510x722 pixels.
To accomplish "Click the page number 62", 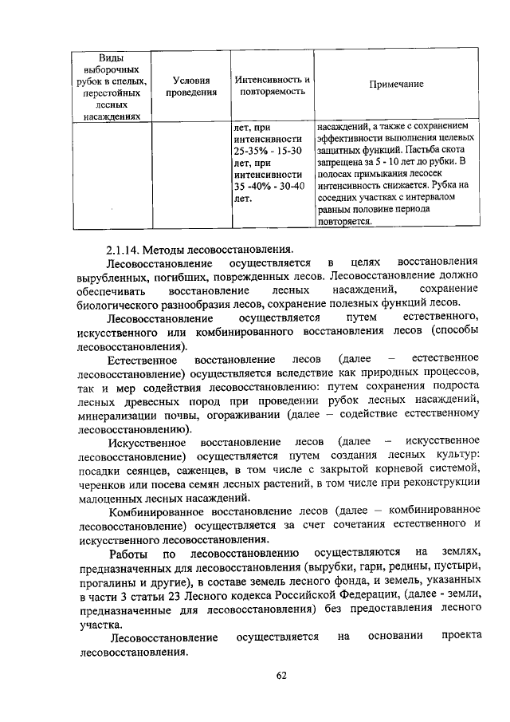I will click(x=280, y=676).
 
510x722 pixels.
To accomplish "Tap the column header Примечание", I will click(x=396, y=84).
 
